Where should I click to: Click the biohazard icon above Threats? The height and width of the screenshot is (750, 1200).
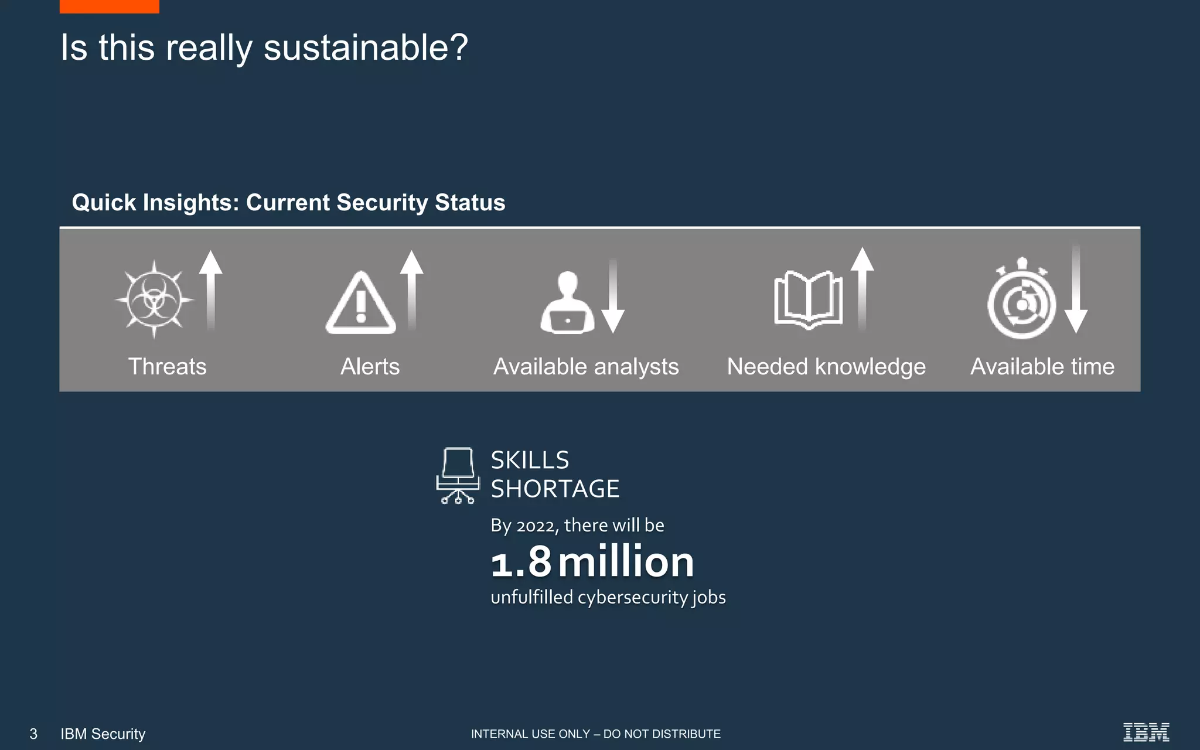pyautogui.click(x=154, y=299)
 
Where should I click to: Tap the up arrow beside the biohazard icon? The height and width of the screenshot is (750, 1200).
pyautogui.click(x=210, y=290)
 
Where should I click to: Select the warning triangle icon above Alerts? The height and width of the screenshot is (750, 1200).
pyautogui.click(x=361, y=304)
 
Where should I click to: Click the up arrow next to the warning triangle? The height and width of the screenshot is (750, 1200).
pyautogui.click(x=412, y=290)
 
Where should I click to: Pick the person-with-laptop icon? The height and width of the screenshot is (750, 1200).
pyautogui.click(x=567, y=303)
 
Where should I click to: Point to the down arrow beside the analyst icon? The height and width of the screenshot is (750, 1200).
pyautogui.click(x=613, y=296)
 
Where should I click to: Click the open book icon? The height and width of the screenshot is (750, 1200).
pyautogui.click(x=808, y=299)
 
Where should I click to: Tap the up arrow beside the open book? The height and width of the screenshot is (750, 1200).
pyautogui.click(x=862, y=288)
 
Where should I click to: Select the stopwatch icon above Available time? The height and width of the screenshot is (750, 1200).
pyautogui.click(x=1021, y=299)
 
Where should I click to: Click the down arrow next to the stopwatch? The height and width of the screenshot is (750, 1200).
pyautogui.click(x=1076, y=291)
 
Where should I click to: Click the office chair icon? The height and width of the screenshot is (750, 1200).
pyautogui.click(x=458, y=475)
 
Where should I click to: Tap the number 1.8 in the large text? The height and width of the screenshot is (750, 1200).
pyautogui.click(x=521, y=562)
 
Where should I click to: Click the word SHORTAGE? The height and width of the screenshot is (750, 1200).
pyautogui.click(x=555, y=489)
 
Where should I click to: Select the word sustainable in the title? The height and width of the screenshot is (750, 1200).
pyautogui.click(x=366, y=47)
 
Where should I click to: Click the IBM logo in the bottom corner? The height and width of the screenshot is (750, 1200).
pyautogui.click(x=1146, y=732)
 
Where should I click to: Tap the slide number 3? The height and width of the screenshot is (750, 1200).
pyautogui.click(x=33, y=734)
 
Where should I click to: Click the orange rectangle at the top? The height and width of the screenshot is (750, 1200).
pyautogui.click(x=109, y=6)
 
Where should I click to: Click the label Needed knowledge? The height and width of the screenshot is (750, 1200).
pyautogui.click(x=826, y=367)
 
